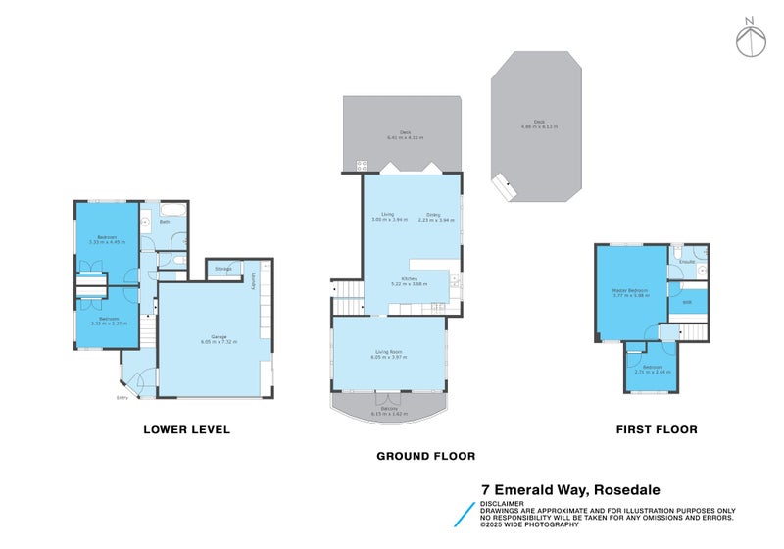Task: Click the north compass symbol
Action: click(x=751, y=36)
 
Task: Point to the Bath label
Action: click(x=165, y=222)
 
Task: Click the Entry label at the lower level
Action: click(x=122, y=398)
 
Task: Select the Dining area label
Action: click(x=433, y=216)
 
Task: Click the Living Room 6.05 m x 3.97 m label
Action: click(x=389, y=355)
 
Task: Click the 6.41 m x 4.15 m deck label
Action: click(x=403, y=134)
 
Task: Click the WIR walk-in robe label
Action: click(x=686, y=302)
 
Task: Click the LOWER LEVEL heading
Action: click(x=186, y=429)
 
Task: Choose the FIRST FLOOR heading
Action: click(x=656, y=429)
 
